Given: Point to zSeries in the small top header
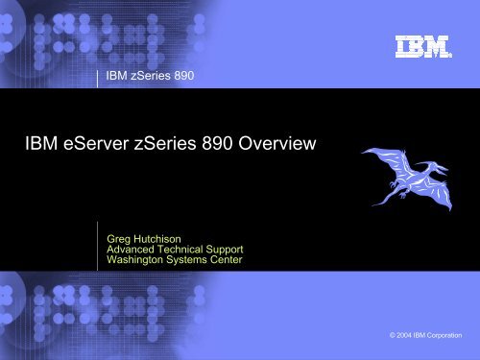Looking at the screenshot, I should pyautogui.click(x=150, y=74).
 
